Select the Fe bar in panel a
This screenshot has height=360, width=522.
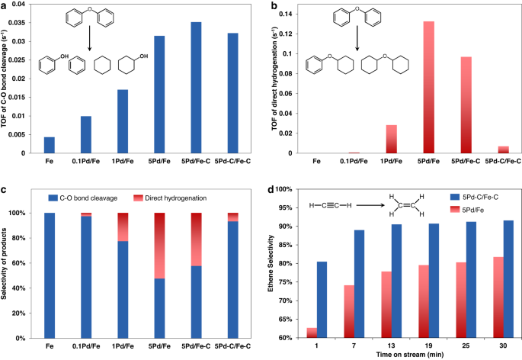point(50,145)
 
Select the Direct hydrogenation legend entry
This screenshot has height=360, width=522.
point(181,198)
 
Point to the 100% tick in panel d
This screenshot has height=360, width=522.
point(286,189)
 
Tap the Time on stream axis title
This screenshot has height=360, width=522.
point(401,355)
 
